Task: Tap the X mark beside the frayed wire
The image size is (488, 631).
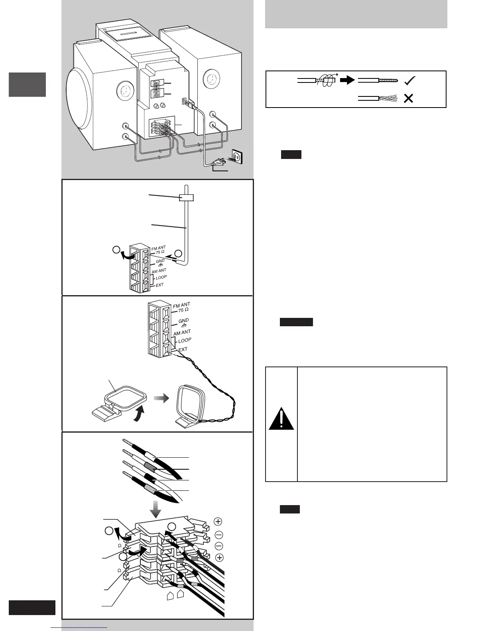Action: pos(408,98)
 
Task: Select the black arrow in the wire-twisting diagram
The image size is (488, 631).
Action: pos(348,80)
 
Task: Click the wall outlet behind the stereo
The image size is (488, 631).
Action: pos(236,157)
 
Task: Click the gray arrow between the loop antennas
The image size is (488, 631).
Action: pos(161,398)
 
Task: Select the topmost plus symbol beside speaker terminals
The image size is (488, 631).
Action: pos(218,521)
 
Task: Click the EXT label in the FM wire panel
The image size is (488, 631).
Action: pos(159,285)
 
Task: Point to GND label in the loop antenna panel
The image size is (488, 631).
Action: pos(183,321)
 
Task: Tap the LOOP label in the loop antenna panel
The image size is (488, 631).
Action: pos(185,341)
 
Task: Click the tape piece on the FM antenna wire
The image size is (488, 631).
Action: pos(186,197)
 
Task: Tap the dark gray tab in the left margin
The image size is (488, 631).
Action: pos(27,84)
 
